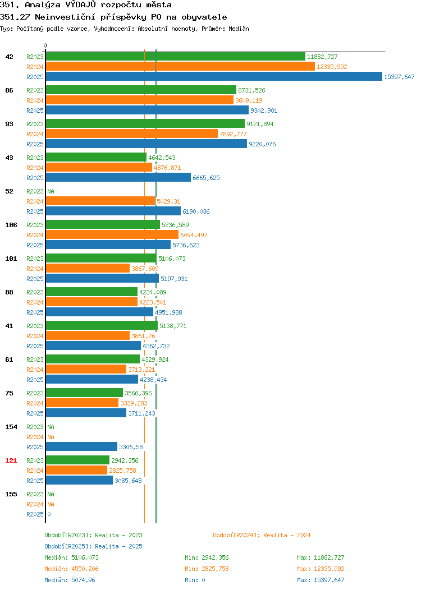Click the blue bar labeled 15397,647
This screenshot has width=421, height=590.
tap(214, 76)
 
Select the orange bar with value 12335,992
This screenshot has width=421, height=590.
tap(180, 66)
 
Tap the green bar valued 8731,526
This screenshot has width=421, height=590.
tap(141, 90)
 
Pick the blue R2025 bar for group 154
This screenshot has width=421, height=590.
tap(82, 446)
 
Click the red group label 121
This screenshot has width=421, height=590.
tap(11, 460)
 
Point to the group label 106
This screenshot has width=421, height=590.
tap(11, 225)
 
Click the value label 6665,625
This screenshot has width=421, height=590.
tap(206, 178)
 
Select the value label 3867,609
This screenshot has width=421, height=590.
tap(145, 268)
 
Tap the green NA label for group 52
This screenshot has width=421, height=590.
tap(51, 191)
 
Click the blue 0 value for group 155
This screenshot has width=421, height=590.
tap(49, 514)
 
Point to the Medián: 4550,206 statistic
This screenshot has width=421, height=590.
tap(71, 569)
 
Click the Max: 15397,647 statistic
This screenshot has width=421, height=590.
tap(321, 580)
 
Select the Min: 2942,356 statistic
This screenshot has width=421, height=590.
tap(207, 557)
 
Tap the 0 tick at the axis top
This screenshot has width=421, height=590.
tap(45, 45)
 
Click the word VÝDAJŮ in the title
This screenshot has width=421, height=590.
tap(81, 5)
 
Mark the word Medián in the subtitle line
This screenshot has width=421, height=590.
tap(239, 29)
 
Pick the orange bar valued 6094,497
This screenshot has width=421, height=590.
tap(112, 234)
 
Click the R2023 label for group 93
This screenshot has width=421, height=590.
tap(35, 124)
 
